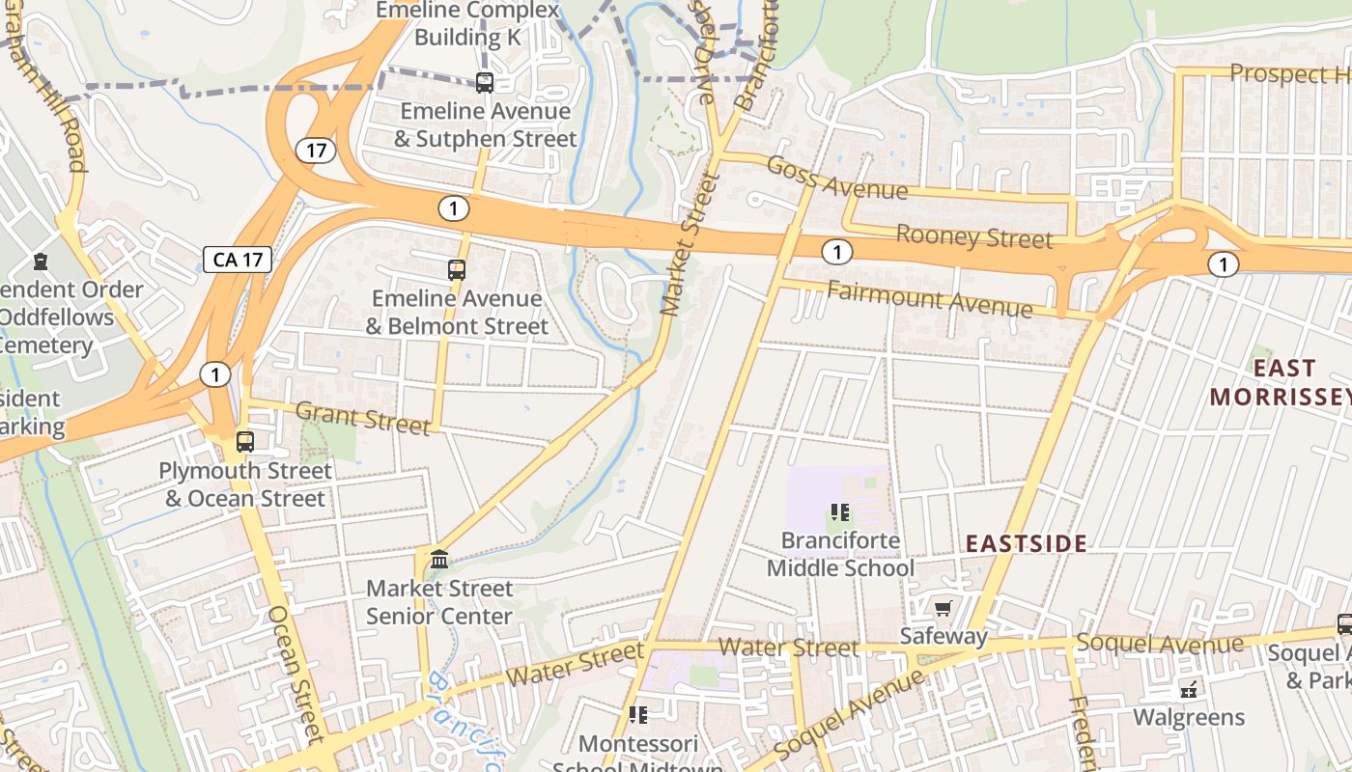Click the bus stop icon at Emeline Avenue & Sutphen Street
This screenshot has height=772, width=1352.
click(x=485, y=83)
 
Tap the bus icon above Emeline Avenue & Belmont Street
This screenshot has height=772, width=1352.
click(x=457, y=270)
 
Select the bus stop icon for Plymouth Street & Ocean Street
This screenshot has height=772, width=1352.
click(x=245, y=442)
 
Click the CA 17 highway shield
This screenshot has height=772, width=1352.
click(x=238, y=259)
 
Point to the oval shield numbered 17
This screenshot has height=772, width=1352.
click(x=316, y=151)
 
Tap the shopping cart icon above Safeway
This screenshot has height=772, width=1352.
click(x=943, y=608)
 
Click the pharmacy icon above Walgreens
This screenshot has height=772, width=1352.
click(x=1189, y=690)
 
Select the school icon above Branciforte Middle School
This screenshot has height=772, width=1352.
click(x=839, y=512)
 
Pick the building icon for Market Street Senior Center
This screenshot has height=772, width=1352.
click(x=439, y=559)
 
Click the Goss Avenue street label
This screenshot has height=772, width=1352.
click(x=836, y=178)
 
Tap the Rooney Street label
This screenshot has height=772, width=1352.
click(x=973, y=235)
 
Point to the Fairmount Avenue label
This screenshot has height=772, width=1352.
click(x=929, y=298)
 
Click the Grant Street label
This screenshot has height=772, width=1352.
click(x=362, y=418)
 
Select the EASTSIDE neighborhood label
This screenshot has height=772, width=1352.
click(x=1027, y=543)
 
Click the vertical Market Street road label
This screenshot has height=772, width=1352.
click(x=691, y=244)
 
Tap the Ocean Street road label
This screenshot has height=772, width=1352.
click(x=294, y=674)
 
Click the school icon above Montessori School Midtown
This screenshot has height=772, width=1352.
click(x=637, y=715)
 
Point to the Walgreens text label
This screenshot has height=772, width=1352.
click(x=1188, y=718)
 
